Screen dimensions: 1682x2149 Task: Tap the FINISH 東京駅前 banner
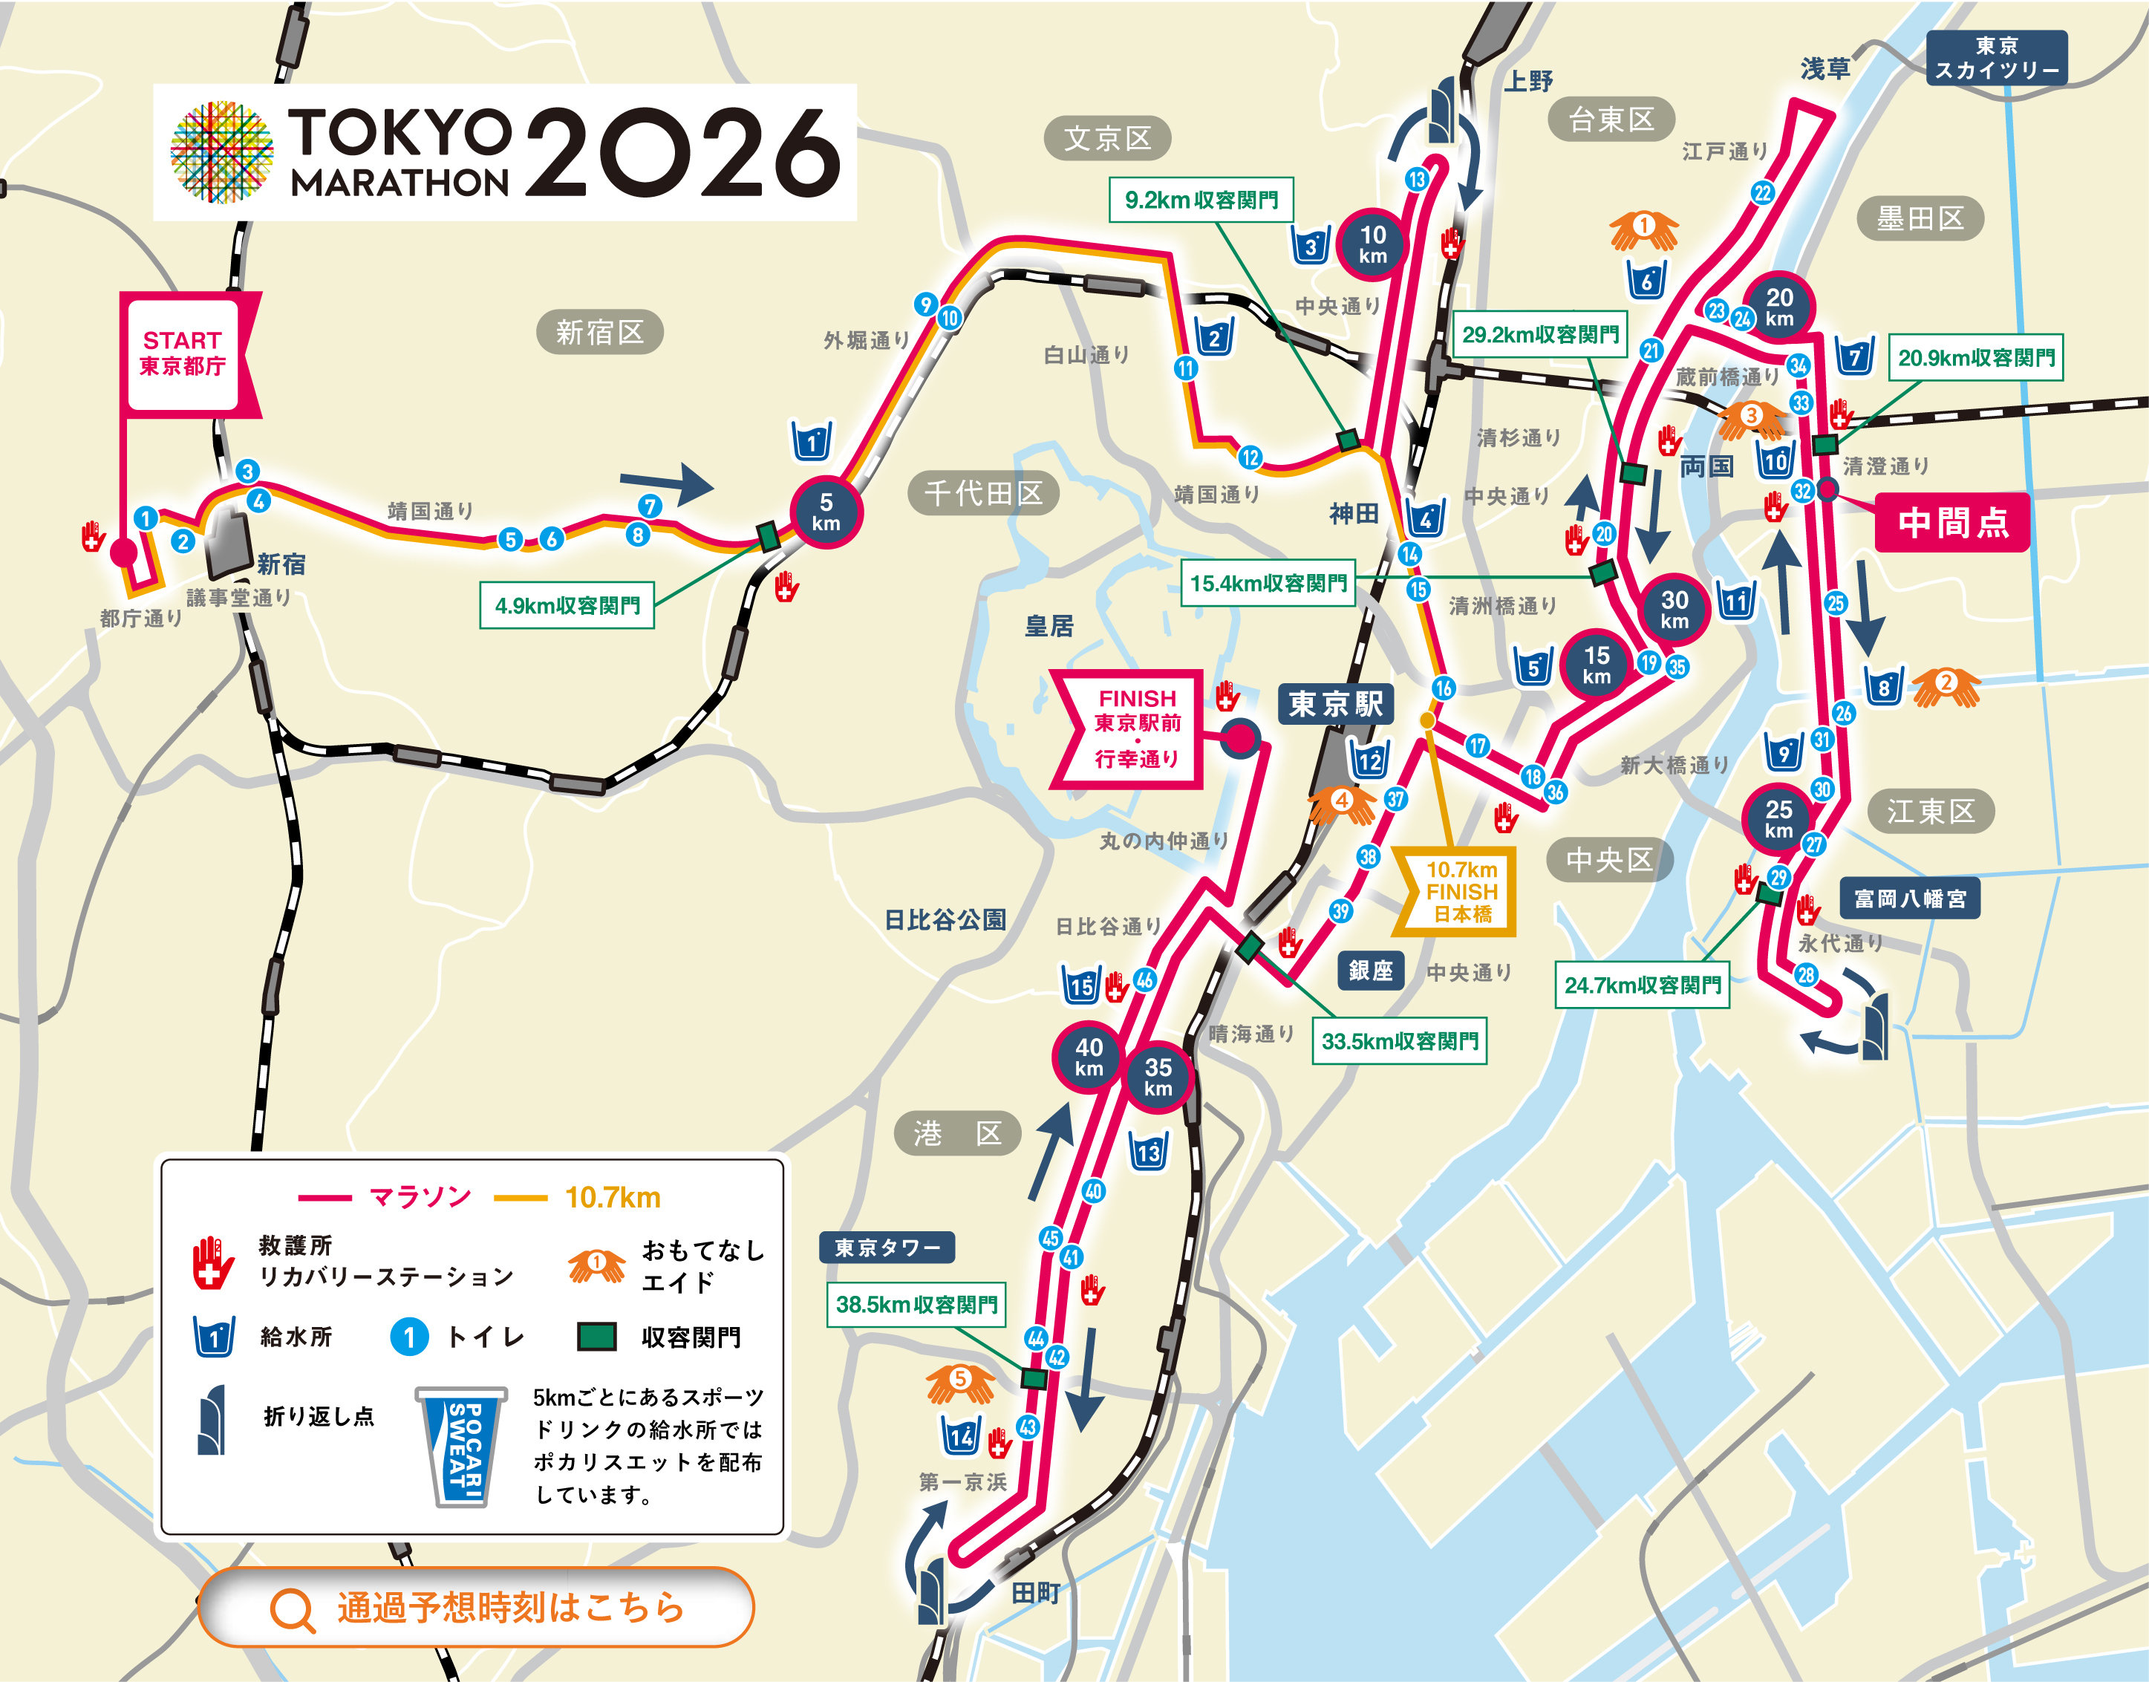1135,728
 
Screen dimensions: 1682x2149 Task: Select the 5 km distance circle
825,512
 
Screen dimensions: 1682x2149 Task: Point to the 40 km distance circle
1089,1057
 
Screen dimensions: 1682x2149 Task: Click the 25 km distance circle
1778,818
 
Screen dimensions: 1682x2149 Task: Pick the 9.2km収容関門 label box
1201,200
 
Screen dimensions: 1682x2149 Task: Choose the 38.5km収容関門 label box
916,1305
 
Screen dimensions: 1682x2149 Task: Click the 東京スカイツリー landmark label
1996,58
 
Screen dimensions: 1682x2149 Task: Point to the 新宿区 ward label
599,332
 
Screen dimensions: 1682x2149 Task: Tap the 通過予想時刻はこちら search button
476,1607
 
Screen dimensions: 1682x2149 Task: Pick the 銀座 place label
1370,970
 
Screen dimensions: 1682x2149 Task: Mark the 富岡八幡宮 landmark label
1908,898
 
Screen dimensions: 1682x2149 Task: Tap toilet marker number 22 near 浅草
1763,193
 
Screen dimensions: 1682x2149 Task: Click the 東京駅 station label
1334,704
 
